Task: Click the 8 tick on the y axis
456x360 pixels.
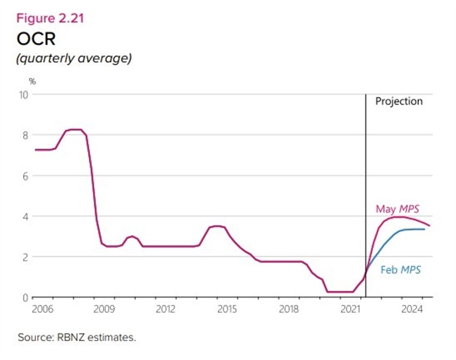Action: [x=25, y=135]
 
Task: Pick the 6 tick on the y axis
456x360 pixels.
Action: [x=25, y=175]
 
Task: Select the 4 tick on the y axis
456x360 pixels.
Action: [x=25, y=216]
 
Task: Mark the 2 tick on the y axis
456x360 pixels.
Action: [x=25, y=256]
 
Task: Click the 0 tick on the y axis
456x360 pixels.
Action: [x=25, y=297]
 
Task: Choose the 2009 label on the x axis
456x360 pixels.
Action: [x=105, y=309]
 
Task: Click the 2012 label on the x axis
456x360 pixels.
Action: [x=166, y=309]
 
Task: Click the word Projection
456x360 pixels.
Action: [x=399, y=101]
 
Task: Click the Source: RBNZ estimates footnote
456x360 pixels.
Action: [x=77, y=338]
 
